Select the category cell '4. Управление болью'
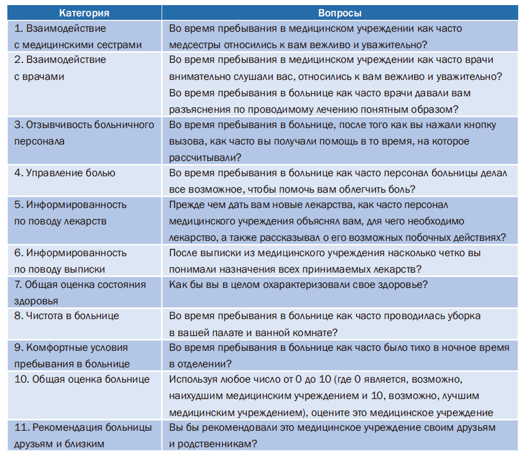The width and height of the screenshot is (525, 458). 65,173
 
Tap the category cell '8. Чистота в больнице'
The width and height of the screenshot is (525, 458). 66,316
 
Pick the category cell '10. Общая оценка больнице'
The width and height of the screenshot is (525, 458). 82,379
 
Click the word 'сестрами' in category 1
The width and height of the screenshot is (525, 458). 120,44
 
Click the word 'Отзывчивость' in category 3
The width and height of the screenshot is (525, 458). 60,125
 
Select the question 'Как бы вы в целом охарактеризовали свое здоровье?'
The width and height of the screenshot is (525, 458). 298,285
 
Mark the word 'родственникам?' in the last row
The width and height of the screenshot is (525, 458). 218,445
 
